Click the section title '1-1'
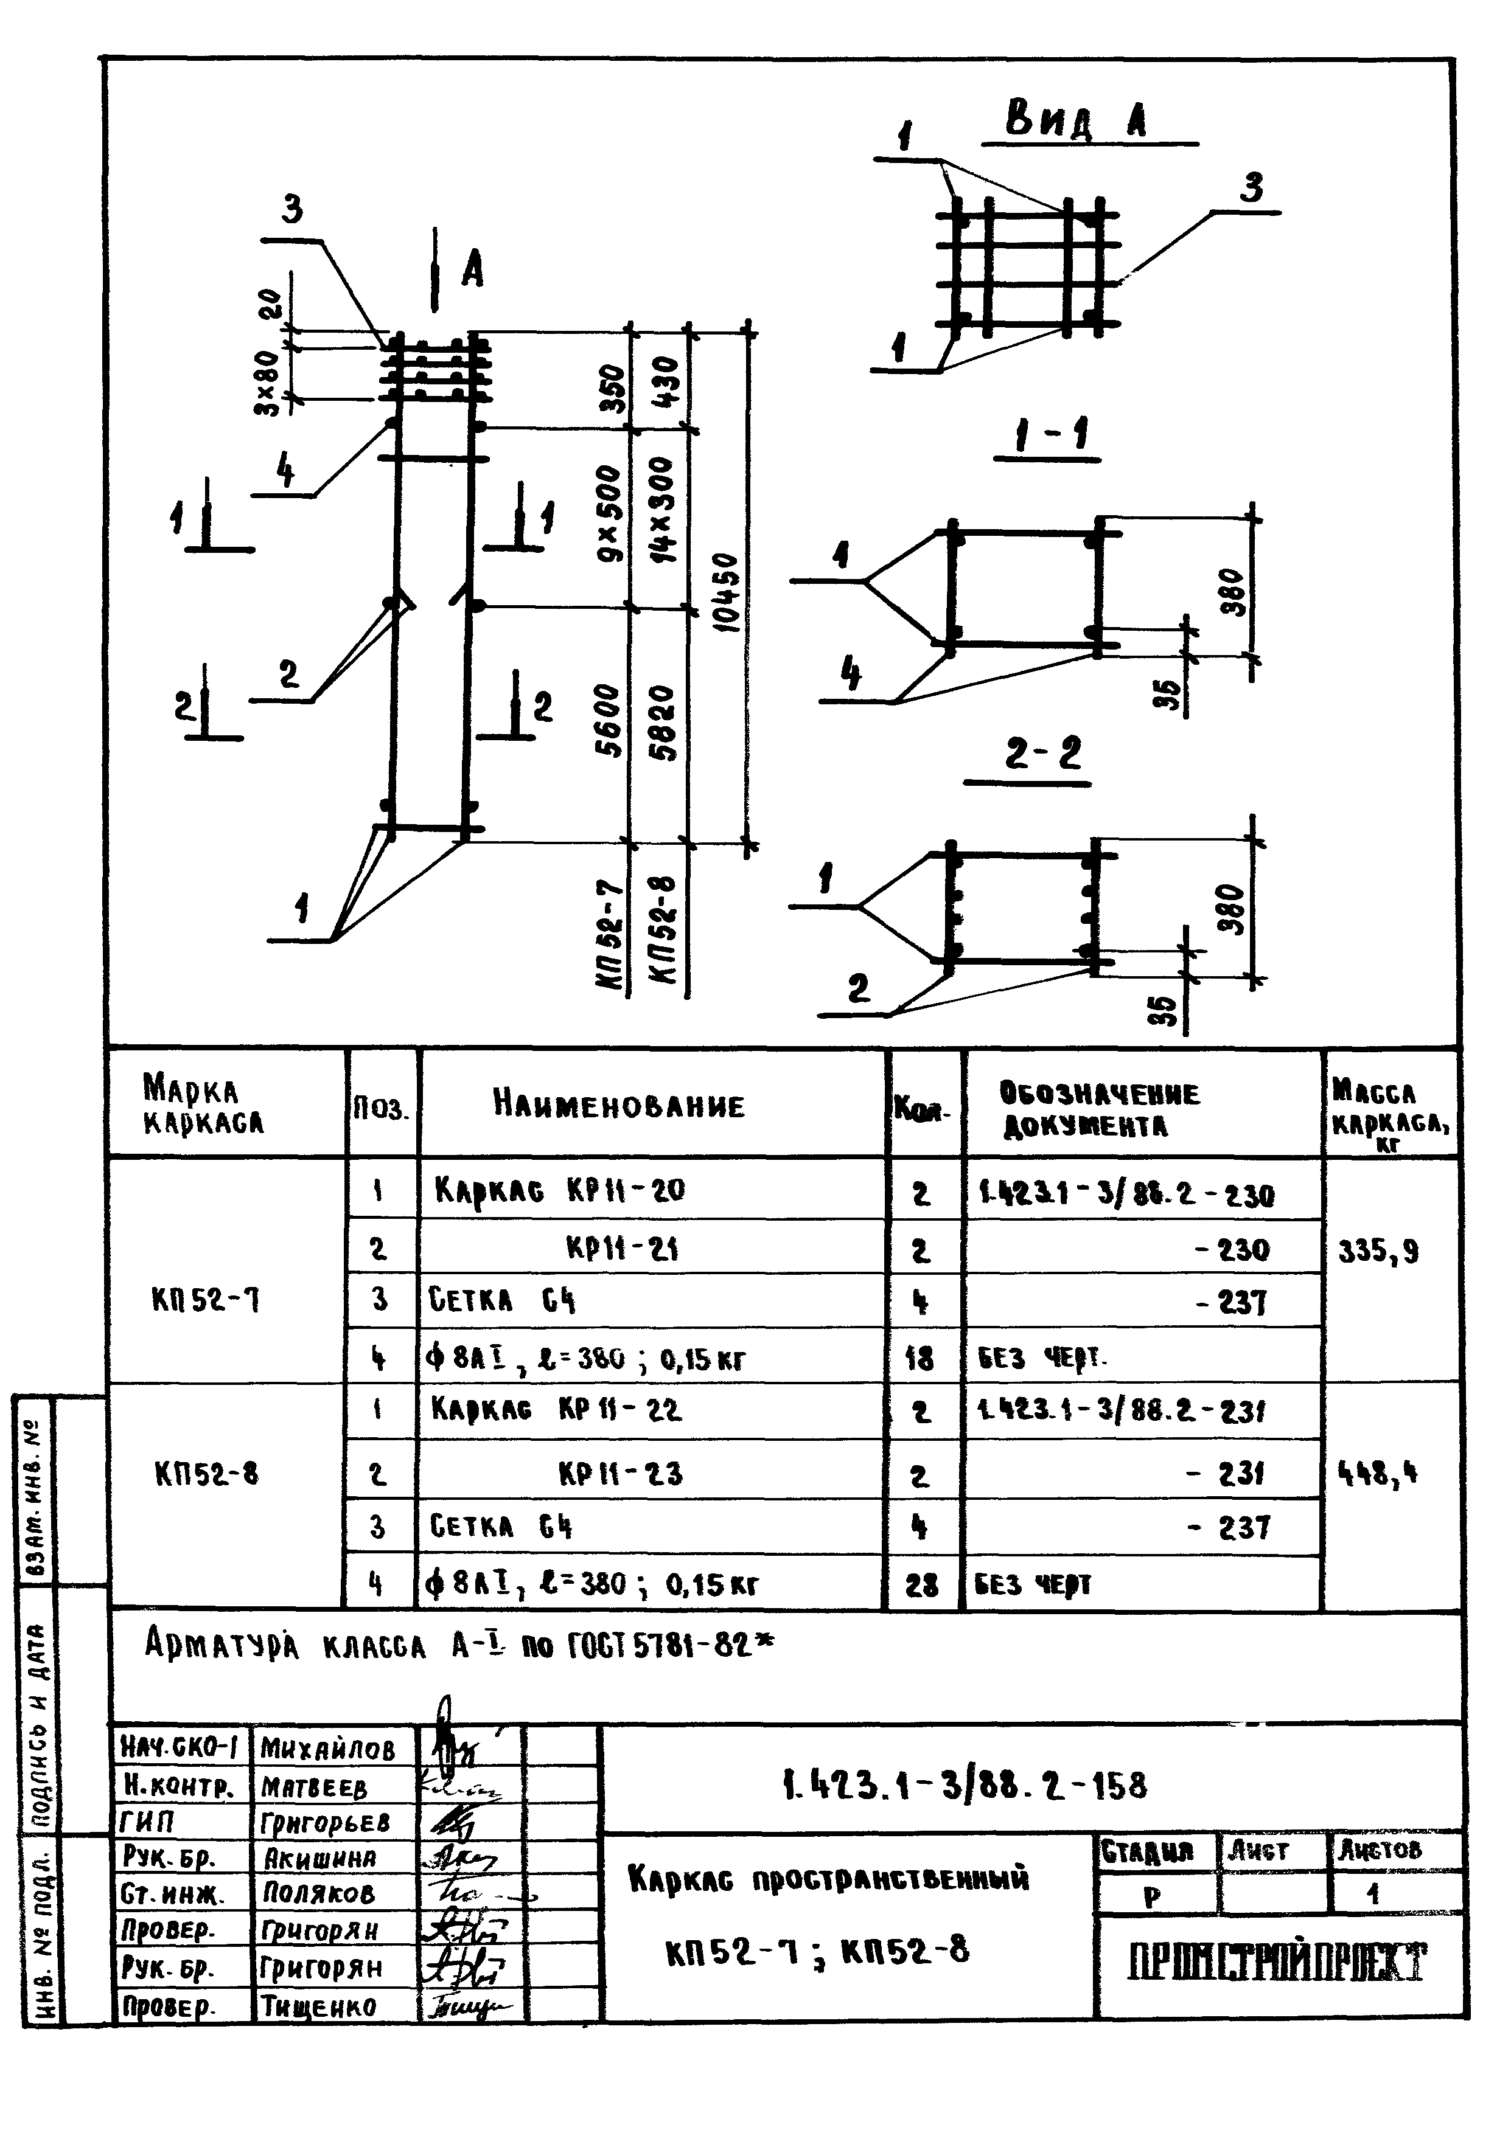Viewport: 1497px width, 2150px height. [x=1047, y=436]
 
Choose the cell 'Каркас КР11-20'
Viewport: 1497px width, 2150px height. [x=559, y=1190]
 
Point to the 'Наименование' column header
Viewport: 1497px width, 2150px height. [x=619, y=1106]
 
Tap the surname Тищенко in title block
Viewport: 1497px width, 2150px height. [x=318, y=2006]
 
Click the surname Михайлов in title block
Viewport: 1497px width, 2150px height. [x=328, y=1748]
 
